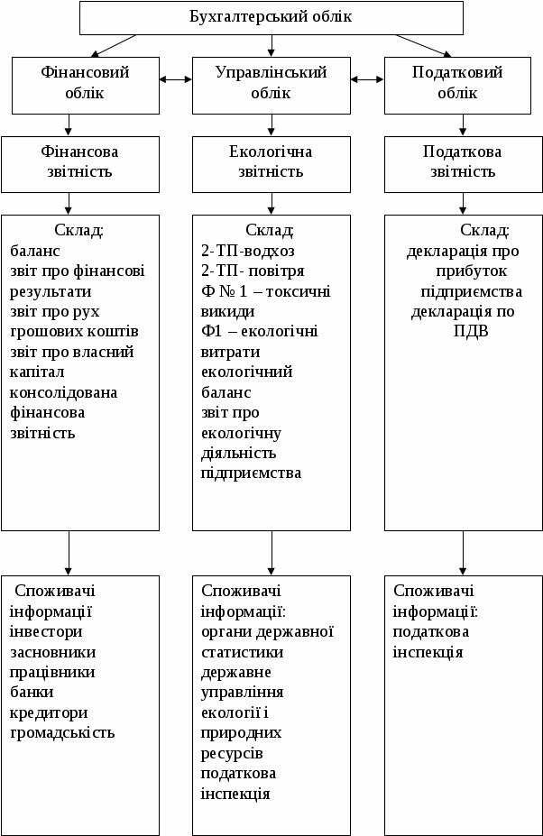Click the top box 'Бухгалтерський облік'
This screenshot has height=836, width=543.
tap(271, 17)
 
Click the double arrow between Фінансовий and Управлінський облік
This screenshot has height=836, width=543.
tap(176, 79)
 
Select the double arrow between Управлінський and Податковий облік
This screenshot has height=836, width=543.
tap(367, 79)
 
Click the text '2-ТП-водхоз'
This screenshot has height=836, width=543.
tap(248, 251)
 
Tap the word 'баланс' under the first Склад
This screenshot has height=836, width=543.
tap(34, 251)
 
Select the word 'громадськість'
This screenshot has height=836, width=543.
tap(62, 731)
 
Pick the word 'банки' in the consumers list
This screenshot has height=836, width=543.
tap(32, 692)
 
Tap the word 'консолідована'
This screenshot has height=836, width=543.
tap(64, 392)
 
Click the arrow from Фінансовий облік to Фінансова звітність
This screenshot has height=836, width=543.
tap(69, 124)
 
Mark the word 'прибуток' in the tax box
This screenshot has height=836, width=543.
tap(470, 271)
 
